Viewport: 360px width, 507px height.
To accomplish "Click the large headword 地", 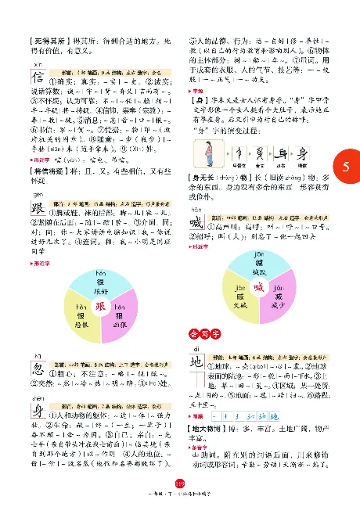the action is click(x=200, y=364).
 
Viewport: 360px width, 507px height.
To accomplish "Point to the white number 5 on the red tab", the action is click(x=346, y=167).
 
